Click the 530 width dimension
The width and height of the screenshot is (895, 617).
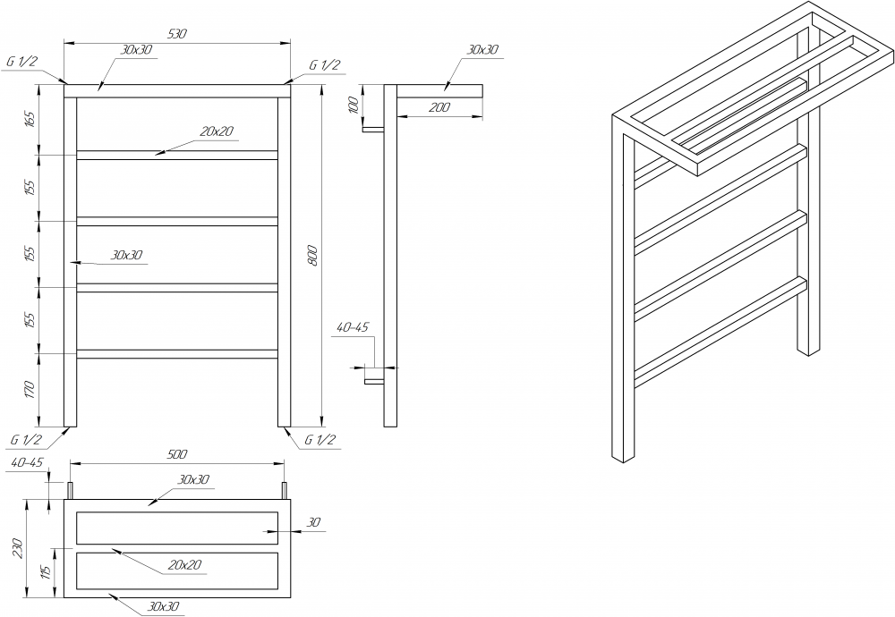177,34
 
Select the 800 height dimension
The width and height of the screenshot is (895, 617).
312,256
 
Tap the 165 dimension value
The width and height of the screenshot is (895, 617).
30,119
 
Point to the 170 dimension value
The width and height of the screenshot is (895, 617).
30,390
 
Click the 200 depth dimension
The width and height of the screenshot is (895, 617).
439,107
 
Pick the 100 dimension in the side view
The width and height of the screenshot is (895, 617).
354,105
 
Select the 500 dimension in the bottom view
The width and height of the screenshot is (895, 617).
177,454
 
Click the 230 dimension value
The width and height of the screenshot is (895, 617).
18,548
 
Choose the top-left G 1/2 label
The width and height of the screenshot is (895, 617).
21,62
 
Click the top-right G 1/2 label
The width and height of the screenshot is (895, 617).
324,65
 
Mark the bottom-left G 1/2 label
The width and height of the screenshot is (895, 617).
26,440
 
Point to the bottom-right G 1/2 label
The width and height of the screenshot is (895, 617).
320,440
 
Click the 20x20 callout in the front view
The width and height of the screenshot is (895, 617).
217,131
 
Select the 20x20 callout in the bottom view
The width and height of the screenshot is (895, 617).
185,564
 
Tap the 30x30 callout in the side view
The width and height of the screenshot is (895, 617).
482,49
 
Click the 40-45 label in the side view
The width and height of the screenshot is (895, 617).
353,327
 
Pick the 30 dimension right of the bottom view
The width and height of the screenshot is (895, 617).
314,522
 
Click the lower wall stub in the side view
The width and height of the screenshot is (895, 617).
374,380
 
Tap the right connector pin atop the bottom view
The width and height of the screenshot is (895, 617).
283,490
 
